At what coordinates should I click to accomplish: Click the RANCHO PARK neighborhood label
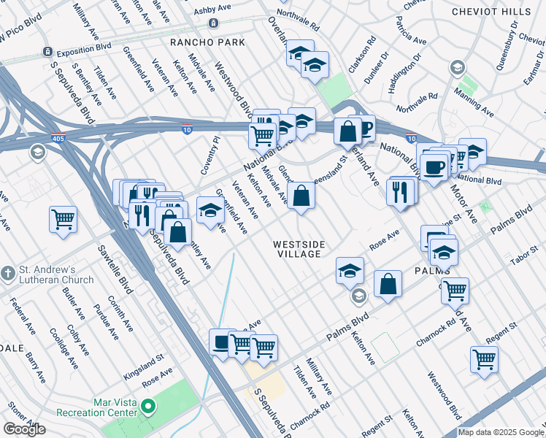pos(207,42)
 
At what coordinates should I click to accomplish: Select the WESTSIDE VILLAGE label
pos(298,249)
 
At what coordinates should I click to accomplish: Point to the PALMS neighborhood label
pos(431,270)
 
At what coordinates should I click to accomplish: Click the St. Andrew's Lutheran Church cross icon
pos(8,273)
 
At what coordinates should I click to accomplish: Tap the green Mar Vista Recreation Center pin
pos(148,406)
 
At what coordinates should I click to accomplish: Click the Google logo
pos(24,429)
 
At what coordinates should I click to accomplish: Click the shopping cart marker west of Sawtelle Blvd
pos(63,218)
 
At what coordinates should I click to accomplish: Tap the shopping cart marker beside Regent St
pos(484,359)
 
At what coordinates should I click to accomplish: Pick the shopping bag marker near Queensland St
pos(300,195)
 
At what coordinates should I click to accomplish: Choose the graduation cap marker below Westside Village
pos(350,270)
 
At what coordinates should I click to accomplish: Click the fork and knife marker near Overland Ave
pos(400,191)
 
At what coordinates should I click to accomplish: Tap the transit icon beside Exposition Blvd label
pos(47,52)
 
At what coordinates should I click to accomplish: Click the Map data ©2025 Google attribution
pos(501,432)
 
